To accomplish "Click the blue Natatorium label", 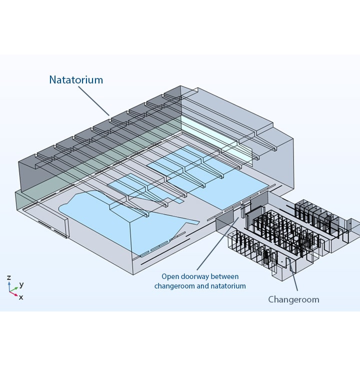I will pyautogui.click(x=76, y=79).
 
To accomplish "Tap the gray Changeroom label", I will pyautogui.click(x=293, y=299).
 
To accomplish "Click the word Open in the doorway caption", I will pyautogui.click(x=169, y=276).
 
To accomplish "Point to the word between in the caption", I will pyautogui.click(x=226, y=276).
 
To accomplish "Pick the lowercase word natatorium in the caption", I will pyautogui.click(x=227, y=286).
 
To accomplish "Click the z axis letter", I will pyautogui.click(x=9, y=277).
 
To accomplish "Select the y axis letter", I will pyautogui.click(x=21, y=284).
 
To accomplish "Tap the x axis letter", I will pyautogui.click(x=20, y=297).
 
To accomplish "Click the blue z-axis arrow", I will pyautogui.click(x=9, y=285).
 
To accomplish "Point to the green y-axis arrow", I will pyautogui.click(x=14, y=288).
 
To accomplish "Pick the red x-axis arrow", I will pyautogui.click(x=14, y=293).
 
